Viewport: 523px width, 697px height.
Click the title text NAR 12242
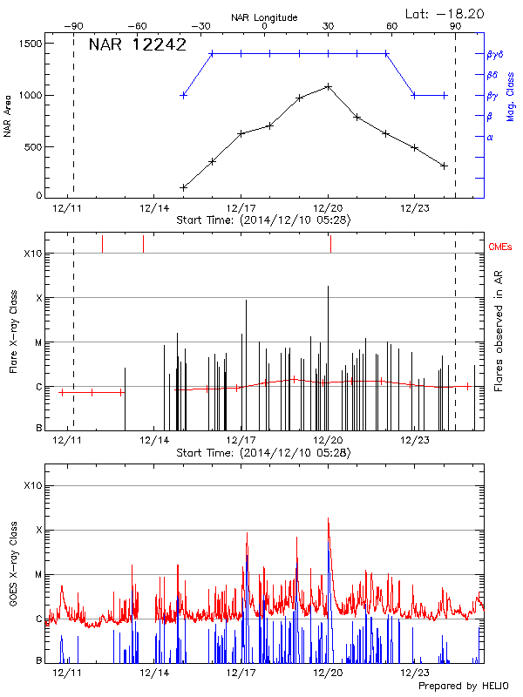pyautogui.click(x=138, y=45)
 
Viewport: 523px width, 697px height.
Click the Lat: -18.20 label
pyautogui.click(x=445, y=13)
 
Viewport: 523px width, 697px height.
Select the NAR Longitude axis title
pyautogui.click(x=264, y=17)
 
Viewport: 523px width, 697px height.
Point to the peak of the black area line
pyautogui.click(x=328, y=86)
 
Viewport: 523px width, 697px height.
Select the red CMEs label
pyautogui.click(x=501, y=248)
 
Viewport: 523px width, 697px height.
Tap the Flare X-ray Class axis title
pyautogui.click(x=13, y=331)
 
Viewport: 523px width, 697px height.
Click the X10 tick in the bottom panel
pyautogui.click(x=31, y=485)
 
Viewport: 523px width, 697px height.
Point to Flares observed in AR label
pyautogui.click(x=499, y=331)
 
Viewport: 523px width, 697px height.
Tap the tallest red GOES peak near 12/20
pyautogui.click(x=329, y=518)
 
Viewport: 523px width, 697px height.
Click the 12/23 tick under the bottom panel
pyautogui.click(x=414, y=673)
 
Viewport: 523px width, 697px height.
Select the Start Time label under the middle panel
pyautogui.click(x=263, y=453)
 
